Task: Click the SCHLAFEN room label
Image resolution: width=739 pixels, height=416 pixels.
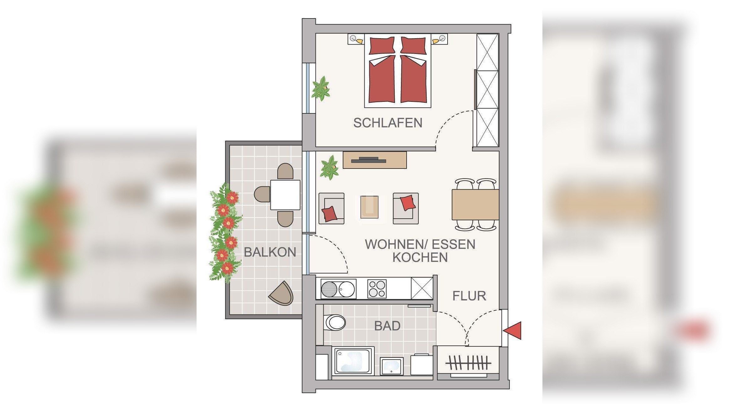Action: tap(387, 123)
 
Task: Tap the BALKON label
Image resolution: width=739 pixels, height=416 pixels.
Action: tap(270, 252)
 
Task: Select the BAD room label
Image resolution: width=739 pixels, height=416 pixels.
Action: tap(387, 326)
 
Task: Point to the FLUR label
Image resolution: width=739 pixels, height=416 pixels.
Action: tap(469, 296)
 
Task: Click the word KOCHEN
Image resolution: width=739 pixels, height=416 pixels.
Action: tap(420, 257)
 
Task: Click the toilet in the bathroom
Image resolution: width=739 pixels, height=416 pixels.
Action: tap(335, 322)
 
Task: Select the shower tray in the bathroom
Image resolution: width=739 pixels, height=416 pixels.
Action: tap(353, 361)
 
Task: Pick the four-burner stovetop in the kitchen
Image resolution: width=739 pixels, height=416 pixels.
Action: tap(377, 288)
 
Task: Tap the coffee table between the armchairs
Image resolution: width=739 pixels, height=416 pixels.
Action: tap(369, 207)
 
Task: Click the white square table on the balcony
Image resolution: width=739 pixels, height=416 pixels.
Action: tap(285, 195)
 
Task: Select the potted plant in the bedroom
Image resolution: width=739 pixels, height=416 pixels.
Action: tap(321, 89)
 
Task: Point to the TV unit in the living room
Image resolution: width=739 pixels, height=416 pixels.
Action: tap(374, 160)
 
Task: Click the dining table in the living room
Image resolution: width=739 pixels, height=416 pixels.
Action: tap(475, 205)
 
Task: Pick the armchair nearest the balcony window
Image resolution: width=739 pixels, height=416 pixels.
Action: tap(331, 208)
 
